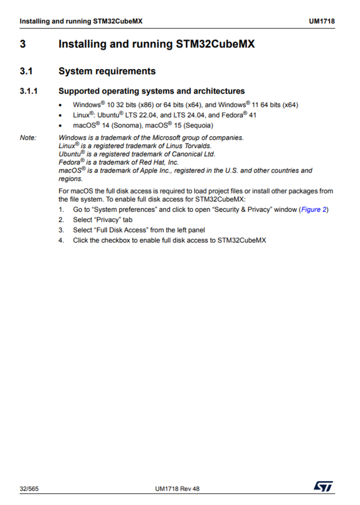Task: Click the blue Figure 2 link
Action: (x=313, y=209)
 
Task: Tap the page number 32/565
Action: (x=29, y=489)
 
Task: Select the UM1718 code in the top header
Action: (x=322, y=22)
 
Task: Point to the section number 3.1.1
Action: (x=30, y=91)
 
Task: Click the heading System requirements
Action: (x=107, y=71)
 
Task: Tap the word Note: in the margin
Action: (x=28, y=137)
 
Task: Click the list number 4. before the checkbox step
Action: (x=61, y=240)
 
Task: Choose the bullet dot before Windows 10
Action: (x=61, y=106)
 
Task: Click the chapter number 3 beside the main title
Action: (x=23, y=44)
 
